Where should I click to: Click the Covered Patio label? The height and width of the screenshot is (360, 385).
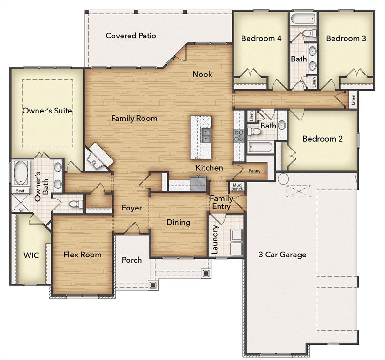tap(131, 36)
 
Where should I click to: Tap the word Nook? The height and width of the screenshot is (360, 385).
tap(202, 74)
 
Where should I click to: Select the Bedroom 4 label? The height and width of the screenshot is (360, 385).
tap(261, 38)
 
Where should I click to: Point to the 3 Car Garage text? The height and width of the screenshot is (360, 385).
tap(283, 255)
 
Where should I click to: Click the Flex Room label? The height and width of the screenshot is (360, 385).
tap(83, 255)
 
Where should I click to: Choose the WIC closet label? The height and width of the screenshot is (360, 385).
tap(31, 255)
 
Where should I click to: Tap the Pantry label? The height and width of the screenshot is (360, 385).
tap(255, 171)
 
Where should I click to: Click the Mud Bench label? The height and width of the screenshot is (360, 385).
tap(237, 187)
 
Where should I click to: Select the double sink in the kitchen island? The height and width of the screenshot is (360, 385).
tap(205, 135)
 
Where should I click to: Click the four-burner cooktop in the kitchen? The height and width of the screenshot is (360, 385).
tap(239, 136)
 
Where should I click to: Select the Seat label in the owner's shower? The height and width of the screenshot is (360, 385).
tap(20, 191)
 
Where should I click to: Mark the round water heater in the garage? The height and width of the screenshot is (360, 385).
tap(283, 179)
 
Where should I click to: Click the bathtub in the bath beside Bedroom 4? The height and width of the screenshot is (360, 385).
tap(302, 19)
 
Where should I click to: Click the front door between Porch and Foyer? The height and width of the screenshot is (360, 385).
tap(132, 230)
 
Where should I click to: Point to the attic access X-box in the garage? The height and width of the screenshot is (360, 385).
tap(299, 191)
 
